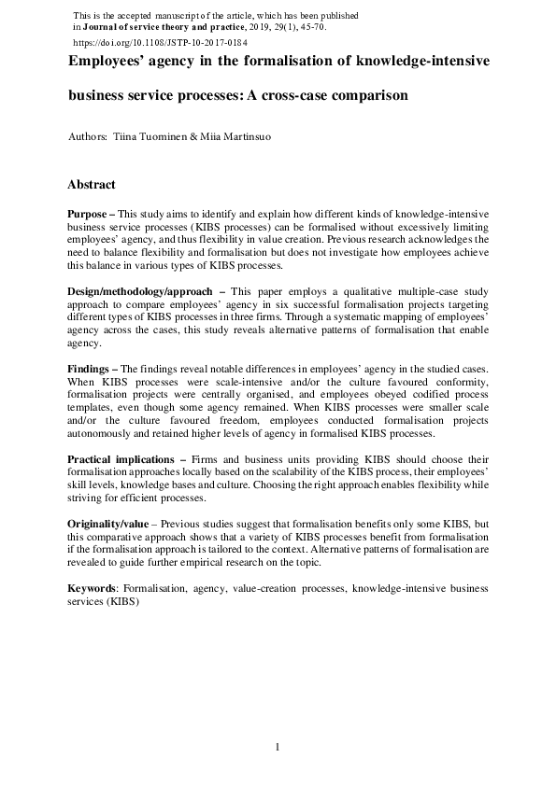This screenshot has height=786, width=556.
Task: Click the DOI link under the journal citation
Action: click(x=160, y=43)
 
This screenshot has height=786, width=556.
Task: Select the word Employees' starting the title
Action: click(x=108, y=61)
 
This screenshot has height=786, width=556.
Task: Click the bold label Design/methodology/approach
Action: click(x=140, y=292)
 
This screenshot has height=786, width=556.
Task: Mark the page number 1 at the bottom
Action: click(x=278, y=747)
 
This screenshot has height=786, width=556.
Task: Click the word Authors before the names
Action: click(x=87, y=137)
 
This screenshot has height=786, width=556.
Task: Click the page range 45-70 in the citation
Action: click(x=309, y=29)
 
